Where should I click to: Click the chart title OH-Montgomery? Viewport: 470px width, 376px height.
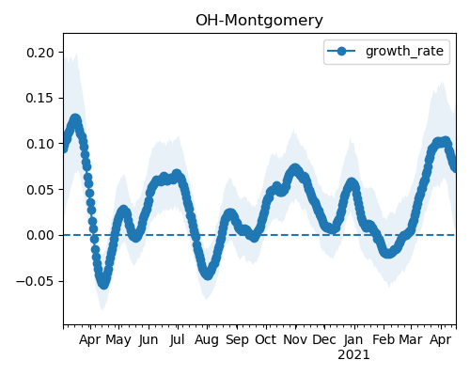coord(259,21)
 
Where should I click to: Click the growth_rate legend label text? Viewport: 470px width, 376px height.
coord(404,51)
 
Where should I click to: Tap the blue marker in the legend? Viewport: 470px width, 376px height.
coord(341,51)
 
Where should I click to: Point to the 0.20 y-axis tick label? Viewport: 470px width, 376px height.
coord(40,53)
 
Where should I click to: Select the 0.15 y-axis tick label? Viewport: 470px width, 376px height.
coord(40,99)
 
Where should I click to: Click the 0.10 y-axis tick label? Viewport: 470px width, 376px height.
coord(40,144)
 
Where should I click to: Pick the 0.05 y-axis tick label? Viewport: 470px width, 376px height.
coord(40,190)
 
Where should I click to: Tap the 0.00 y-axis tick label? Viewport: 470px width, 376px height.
coord(40,235)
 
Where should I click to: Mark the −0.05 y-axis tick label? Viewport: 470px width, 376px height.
coord(35,281)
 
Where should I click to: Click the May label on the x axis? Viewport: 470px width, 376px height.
coord(118,340)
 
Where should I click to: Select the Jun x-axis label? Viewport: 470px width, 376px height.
coord(149,340)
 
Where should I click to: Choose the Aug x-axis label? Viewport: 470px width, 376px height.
coord(207,340)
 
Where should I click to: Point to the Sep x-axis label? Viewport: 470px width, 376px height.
coord(237,340)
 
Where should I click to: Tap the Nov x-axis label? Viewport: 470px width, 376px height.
coord(295,340)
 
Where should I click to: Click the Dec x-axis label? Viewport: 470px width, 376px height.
coord(324,340)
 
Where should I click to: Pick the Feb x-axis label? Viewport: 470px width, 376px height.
coord(384,340)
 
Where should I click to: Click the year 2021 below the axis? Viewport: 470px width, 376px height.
coord(353,355)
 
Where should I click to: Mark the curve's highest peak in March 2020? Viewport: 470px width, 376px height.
coord(75,119)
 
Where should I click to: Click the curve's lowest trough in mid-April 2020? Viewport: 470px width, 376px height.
coord(103,284)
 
